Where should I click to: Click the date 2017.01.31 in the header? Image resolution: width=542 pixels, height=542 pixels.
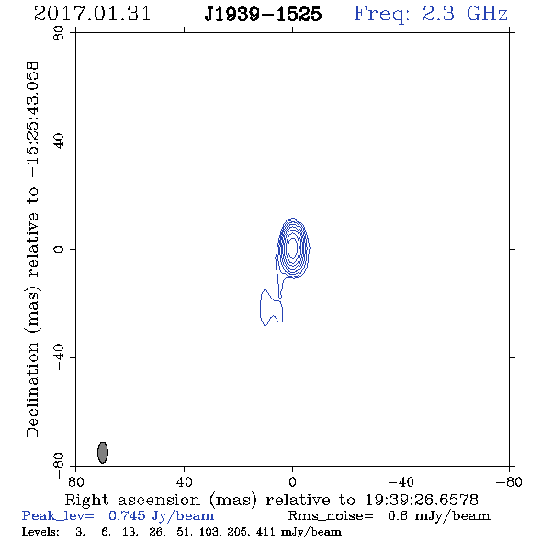tap(92, 14)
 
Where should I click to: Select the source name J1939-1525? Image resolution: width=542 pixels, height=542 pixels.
tap(263, 14)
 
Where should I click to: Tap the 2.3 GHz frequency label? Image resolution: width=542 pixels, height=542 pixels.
tap(465, 14)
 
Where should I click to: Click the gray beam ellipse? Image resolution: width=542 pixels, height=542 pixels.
tap(103, 453)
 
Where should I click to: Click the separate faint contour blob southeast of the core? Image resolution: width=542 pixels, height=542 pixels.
tap(271, 308)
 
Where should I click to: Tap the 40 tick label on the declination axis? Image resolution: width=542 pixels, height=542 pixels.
tap(59, 141)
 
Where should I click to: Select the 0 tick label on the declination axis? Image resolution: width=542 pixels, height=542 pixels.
tap(59, 249)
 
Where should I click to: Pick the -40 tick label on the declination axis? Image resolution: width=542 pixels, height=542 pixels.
tap(59, 357)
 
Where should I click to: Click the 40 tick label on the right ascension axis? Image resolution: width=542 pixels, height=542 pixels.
tap(184, 481)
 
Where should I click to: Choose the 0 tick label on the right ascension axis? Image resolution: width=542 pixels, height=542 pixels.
tap(292, 481)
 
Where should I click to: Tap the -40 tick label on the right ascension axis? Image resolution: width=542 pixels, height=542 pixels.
tap(401, 481)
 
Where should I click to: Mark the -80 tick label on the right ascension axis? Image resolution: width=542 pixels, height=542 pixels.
tap(509, 481)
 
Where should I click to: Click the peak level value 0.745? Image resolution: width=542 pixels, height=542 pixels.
tap(127, 515)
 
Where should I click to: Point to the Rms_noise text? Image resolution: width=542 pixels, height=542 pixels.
tap(331, 516)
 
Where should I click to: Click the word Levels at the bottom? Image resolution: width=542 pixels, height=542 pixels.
tap(40, 531)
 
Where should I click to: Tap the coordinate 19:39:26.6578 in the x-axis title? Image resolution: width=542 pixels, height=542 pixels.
tap(422, 500)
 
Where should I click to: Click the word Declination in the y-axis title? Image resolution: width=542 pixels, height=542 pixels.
tap(32, 390)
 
